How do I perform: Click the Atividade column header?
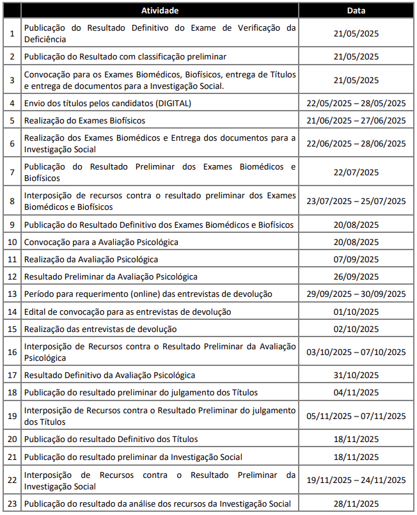pyautogui.click(x=160, y=11)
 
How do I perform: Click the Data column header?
pyautogui.click(x=356, y=11)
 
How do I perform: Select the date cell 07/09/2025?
pyautogui.click(x=356, y=259)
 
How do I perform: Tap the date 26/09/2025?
pyautogui.click(x=356, y=276)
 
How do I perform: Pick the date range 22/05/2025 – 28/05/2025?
pyautogui.click(x=356, y=103)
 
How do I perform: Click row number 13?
pyautogui.click(x=12, y=294)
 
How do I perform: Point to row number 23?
pyautogui.click(x=12, y=503)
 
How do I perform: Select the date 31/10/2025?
pyautogui.click(x=356, y=375)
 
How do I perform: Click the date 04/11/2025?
pyautogui.click(x=356, y=392)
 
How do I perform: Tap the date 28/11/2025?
pyautogui.click(x=356, y=503)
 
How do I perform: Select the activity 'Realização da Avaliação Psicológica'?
pyautogui.click(x=91, y=259)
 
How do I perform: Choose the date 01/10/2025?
pyautogui.click(x=356, y=312)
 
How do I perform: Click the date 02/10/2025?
pyautogui.click(x=356, y=329)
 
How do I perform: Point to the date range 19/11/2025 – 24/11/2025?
pyautogui.click(x=356, y=480)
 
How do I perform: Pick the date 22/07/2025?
pyautogui.click(x=356, y=173)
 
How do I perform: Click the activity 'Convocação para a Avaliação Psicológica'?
pyautogui.click(x=101, y=242)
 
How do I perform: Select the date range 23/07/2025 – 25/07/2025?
pyautogui.click(x=356, y=201)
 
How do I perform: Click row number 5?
pyautogui.click(x=12, y=120)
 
